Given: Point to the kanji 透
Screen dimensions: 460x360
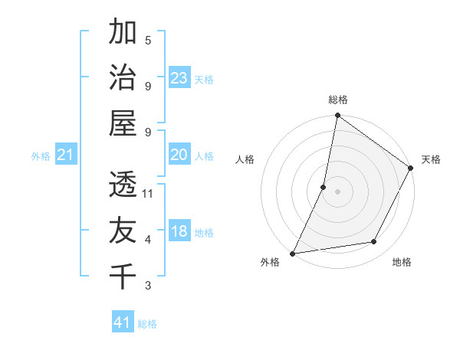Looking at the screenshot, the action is (123, 185).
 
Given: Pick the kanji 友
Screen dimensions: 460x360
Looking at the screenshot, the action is (123, 231).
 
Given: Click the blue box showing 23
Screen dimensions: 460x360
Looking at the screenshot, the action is (179, 78).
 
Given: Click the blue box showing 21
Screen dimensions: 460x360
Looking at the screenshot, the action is (66, 155).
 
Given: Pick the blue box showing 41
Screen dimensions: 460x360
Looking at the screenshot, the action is (123, 322).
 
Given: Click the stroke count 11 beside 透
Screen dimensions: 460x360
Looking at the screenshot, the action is (149, 194).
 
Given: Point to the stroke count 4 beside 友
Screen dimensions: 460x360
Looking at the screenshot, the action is (148, 240).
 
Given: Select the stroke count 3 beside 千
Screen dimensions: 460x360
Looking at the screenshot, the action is (148, 286).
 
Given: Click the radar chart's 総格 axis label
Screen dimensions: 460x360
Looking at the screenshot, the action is (337, 100).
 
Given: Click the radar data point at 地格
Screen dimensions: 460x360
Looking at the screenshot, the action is (374, 242).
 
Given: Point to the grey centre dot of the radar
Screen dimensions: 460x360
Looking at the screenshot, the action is (337, 191).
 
